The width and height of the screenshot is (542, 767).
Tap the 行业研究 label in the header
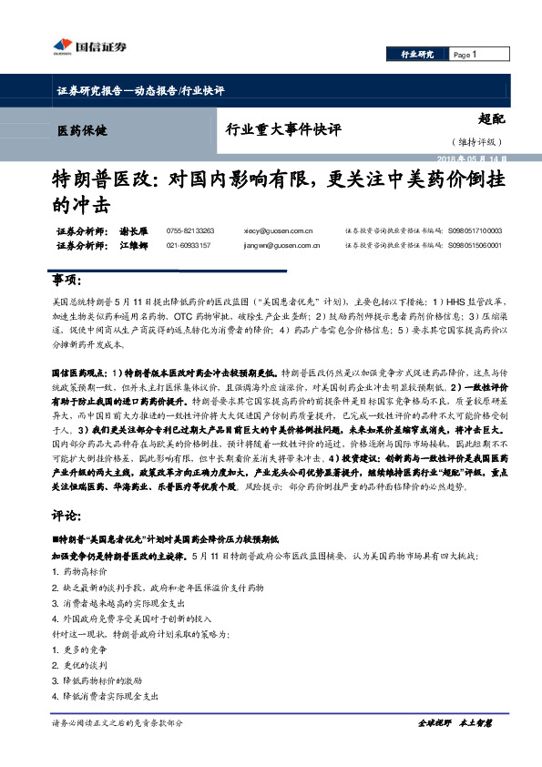(417, 55)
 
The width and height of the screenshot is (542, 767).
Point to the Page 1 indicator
(465, 55)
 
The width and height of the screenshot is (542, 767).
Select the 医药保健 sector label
(82, 129)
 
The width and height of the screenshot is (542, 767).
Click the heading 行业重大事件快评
(283, 130)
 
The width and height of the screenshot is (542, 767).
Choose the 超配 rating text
(490, 118)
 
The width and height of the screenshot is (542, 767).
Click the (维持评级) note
(472, 142)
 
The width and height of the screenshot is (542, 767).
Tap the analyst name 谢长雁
(133, 231)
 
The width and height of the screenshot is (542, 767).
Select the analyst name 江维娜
(133, 245)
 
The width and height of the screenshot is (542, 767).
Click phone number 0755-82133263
(190, 231)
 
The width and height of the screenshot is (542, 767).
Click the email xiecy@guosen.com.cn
(278, 231)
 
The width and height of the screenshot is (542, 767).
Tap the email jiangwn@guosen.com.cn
(281, 245)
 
